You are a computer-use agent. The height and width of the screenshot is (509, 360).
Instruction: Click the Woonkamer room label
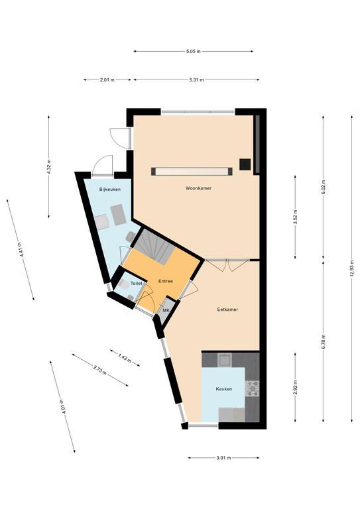pyautogui.click(x=198, y=188)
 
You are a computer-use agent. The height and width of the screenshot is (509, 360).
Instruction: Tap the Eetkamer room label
pyautogui.click(x=227, y=310)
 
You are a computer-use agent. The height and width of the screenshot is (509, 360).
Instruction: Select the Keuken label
pyautogui.click(x=224, y=389)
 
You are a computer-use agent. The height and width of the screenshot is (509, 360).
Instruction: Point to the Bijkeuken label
pyautogui.click(x=110, y=190)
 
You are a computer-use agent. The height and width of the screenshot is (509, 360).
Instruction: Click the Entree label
pyautogui.click(x=166, y=281)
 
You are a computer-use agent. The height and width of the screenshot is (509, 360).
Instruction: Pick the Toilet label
pyautogui.click(x=137, y=284)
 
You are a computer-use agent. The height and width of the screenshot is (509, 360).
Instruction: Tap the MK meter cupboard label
pyautogui.click(x=166, y=310)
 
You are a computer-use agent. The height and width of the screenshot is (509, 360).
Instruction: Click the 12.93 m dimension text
pyautogui.click(x=352, y=268)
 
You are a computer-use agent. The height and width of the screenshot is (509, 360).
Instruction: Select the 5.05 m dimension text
pyautogui.click(x=194, y=51)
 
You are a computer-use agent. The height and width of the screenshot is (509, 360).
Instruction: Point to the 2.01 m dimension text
pyautogui.click(x=107, y=80)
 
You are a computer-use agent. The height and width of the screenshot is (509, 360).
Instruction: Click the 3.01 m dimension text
pyautogui.click(x=223, y=458)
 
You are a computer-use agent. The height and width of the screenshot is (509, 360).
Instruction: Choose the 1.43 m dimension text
pyautogui.click(x=125, y=358)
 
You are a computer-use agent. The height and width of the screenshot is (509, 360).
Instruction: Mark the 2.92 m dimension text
pyautogui.click(x=295, y=388)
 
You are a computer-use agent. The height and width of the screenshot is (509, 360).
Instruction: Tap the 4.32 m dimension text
pyautogui.click(x=48, y=167)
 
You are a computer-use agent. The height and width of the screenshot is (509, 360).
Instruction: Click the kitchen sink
pyautogui.click(x=225, y=360)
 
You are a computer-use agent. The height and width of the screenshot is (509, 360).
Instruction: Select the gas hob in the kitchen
pyautogui.click(x=252, y=388)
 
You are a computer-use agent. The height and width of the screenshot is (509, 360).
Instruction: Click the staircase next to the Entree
pyautogui.click(x=154, y=246)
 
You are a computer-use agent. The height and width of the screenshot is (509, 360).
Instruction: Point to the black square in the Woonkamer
pyautogui.click(x=245, y=164)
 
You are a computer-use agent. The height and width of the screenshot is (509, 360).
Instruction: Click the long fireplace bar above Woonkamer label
pyautogui.click(x=192, y=172)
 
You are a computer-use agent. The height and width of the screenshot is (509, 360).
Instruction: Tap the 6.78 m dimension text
pyautogui.click(x=324, y=341)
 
